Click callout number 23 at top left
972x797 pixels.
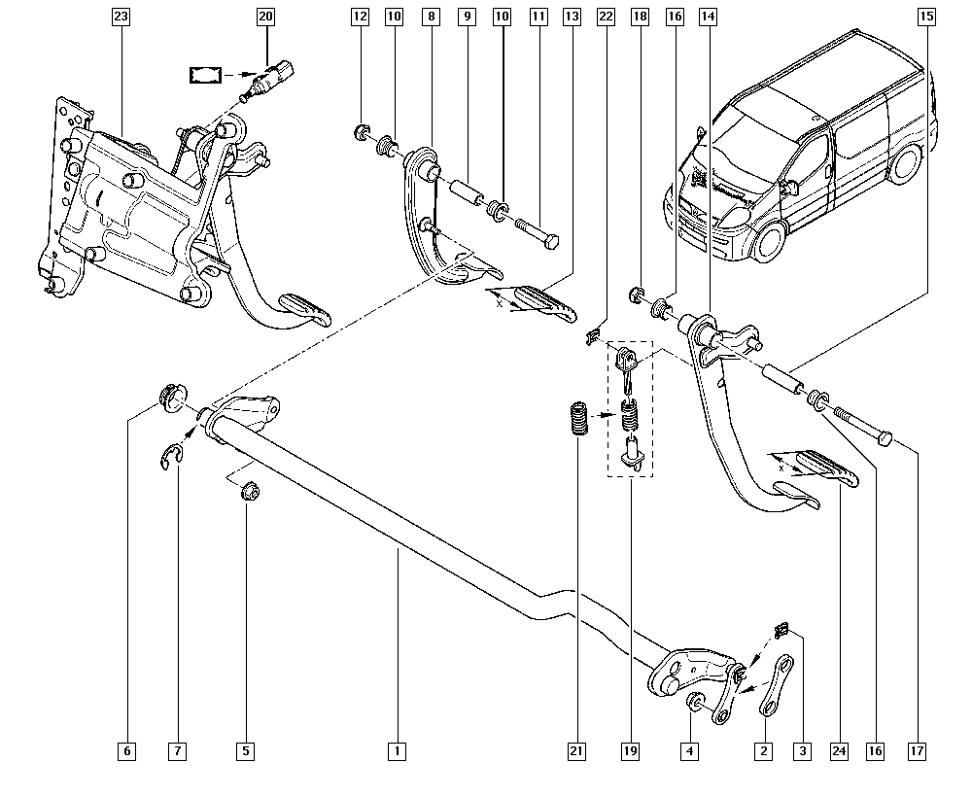[x=120, y=17]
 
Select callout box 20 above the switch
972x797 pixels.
[x=265, y=17]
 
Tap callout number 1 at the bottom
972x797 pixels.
[x=397, y=750]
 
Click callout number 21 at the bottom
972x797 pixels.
[x=577, y=750]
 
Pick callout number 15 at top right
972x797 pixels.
[x=926, y=17]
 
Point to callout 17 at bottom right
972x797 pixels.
[x=917, y=750]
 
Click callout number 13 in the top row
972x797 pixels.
[x=572, y=17]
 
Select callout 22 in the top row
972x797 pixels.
[x=606, y=17]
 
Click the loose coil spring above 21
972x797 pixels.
[x=578, y=421]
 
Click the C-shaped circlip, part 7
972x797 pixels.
[x=172, y=456]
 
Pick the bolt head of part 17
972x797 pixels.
[x=883, y=440]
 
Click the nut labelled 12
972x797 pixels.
[x=360, y=131]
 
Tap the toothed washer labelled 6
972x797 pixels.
[x=169, y=398]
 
